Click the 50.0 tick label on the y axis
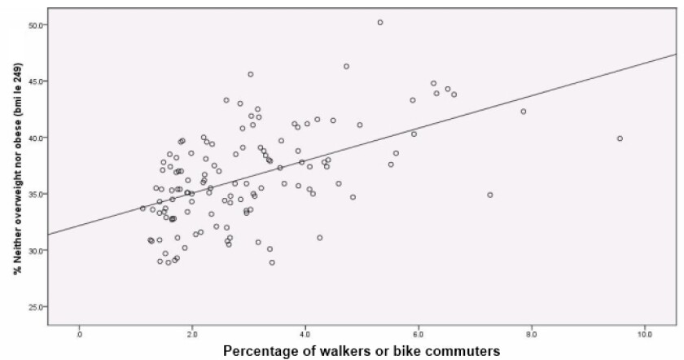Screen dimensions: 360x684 pyautogui.click(x=36, y=24)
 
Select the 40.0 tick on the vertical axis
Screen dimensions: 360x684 pyautogui.click(x=36, y=138)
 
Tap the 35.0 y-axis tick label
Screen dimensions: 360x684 pyautogui.click(x=36, y=194)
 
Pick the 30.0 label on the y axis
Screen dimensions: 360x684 pyautogui.click(x=36, y=250)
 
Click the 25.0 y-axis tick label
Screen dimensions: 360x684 pyautogui.click(x=36, y=307)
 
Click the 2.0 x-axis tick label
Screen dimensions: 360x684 pyautogui.click(x=192, y=334)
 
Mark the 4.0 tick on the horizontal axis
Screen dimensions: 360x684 pyautogui.click(x=305, y=334)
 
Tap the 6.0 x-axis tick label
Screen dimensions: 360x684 pyautogui.click(x=419, y=334)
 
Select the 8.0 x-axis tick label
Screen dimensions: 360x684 pyautogui.click(x=532, y=334)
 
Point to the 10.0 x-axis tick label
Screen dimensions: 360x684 pyautogui.click(x=643, y=334)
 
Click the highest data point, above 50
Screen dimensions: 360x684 pyautogui.click(x=380, y=22)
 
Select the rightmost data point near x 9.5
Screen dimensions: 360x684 pyautogui.click(x=620, y=138)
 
